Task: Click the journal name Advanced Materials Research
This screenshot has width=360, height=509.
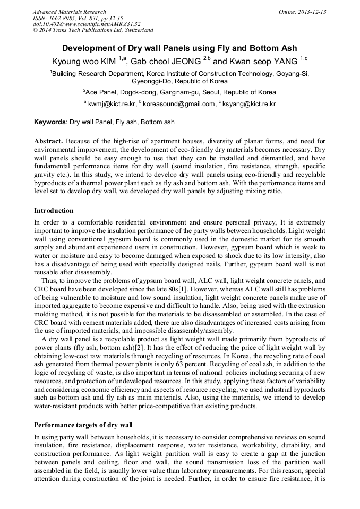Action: pyautogui.click(x=70, y=12)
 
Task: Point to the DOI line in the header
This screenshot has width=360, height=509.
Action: pyautogui.click(x=87, y=24)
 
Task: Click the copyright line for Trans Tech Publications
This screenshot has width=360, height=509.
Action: pyautogui.click(x=93, y=30)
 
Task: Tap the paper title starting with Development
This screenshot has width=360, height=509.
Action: pyautogui.click(x=179, y=48)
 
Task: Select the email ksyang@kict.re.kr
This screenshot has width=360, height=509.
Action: pyautogui.click(x=249, y=105)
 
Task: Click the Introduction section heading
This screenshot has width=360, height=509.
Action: pyautogui.click(x=54, y=211)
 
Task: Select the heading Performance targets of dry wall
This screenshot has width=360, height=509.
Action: pyautogui.click(x=83, y=425)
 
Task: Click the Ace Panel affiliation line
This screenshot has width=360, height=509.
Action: pyautogui.click(x=179, y=92)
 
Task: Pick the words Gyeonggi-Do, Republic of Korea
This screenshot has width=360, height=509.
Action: pyautogui.click(x=179, y=81)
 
